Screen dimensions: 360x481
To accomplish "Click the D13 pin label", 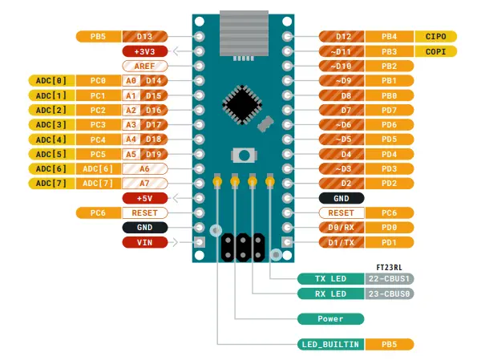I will [145, 36].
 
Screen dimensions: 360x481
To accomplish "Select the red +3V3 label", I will [144, 51].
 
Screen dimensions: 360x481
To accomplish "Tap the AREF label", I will [144, 66].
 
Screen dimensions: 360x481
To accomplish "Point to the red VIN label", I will [144, 242].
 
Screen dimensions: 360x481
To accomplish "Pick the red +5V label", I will [144, 198].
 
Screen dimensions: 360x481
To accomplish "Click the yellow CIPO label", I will [436, 36].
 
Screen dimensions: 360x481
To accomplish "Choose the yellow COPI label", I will [436, 51].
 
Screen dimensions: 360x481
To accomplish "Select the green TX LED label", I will [330, 279].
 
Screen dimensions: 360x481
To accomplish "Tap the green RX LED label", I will [330, 293].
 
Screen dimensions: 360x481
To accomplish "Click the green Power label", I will [330, 318].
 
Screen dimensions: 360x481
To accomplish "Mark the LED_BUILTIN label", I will [330, 344].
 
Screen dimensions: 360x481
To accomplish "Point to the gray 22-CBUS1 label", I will [389, 279].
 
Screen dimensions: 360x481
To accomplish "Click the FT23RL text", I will [389, 265].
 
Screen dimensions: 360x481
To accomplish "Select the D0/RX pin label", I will [341, 228].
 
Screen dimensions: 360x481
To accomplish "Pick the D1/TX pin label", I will [341, 242].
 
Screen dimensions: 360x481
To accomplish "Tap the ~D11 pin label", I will [341, 51].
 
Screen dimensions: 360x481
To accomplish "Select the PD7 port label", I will [390, 110].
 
